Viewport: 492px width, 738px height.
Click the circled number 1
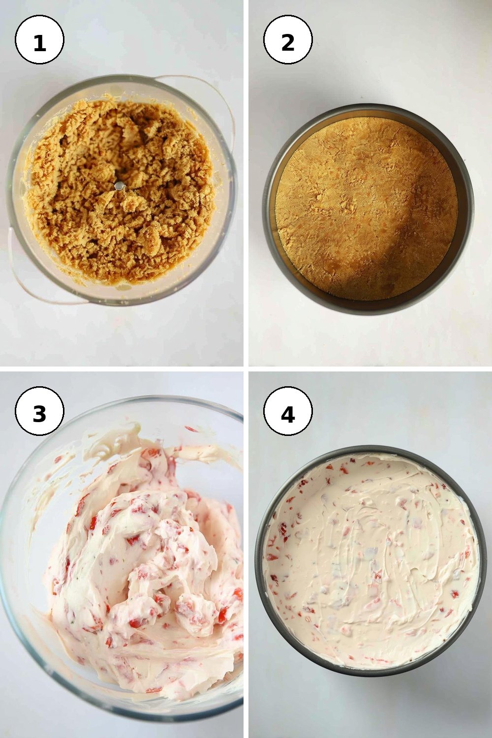click(39, 39)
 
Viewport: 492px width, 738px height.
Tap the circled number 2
click(288, 39)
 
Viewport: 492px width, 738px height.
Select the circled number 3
click(39, 411)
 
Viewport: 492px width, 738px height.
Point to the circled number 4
click(288, 411)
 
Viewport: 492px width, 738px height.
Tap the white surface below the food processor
click(122, 336)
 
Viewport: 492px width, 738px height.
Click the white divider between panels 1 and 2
click(246, 183)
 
